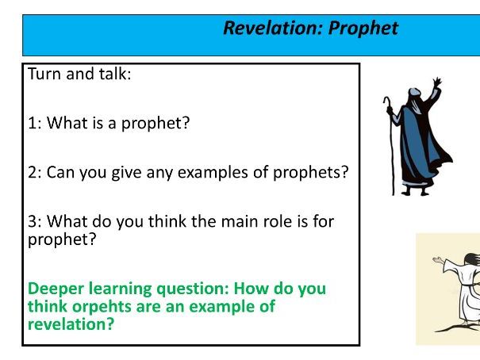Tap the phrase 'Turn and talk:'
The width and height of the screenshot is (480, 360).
79,75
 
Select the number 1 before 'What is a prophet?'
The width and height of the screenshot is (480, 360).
33,123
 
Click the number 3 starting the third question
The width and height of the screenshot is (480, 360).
33,221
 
